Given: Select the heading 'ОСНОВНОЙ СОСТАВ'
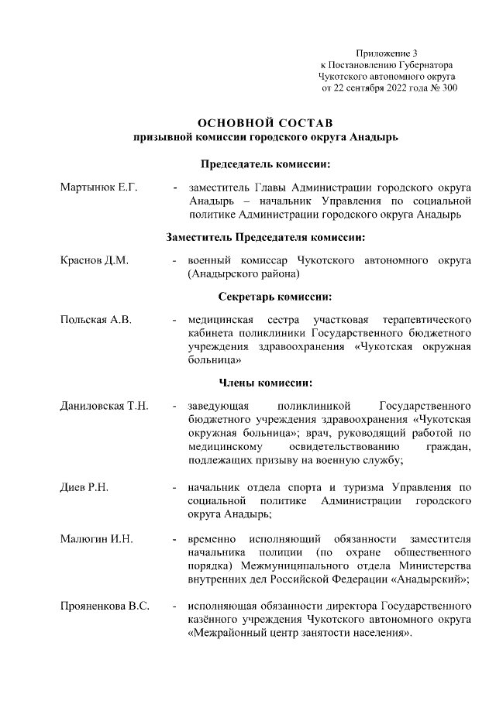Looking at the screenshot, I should (264, 123).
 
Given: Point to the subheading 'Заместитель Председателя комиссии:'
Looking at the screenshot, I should (266, 236).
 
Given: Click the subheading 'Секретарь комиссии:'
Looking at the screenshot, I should (265, 297).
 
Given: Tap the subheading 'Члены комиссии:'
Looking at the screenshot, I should (266, 382).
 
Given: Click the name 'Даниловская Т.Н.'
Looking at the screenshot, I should (105, 405).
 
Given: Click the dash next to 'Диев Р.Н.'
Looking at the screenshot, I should (176, 487).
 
